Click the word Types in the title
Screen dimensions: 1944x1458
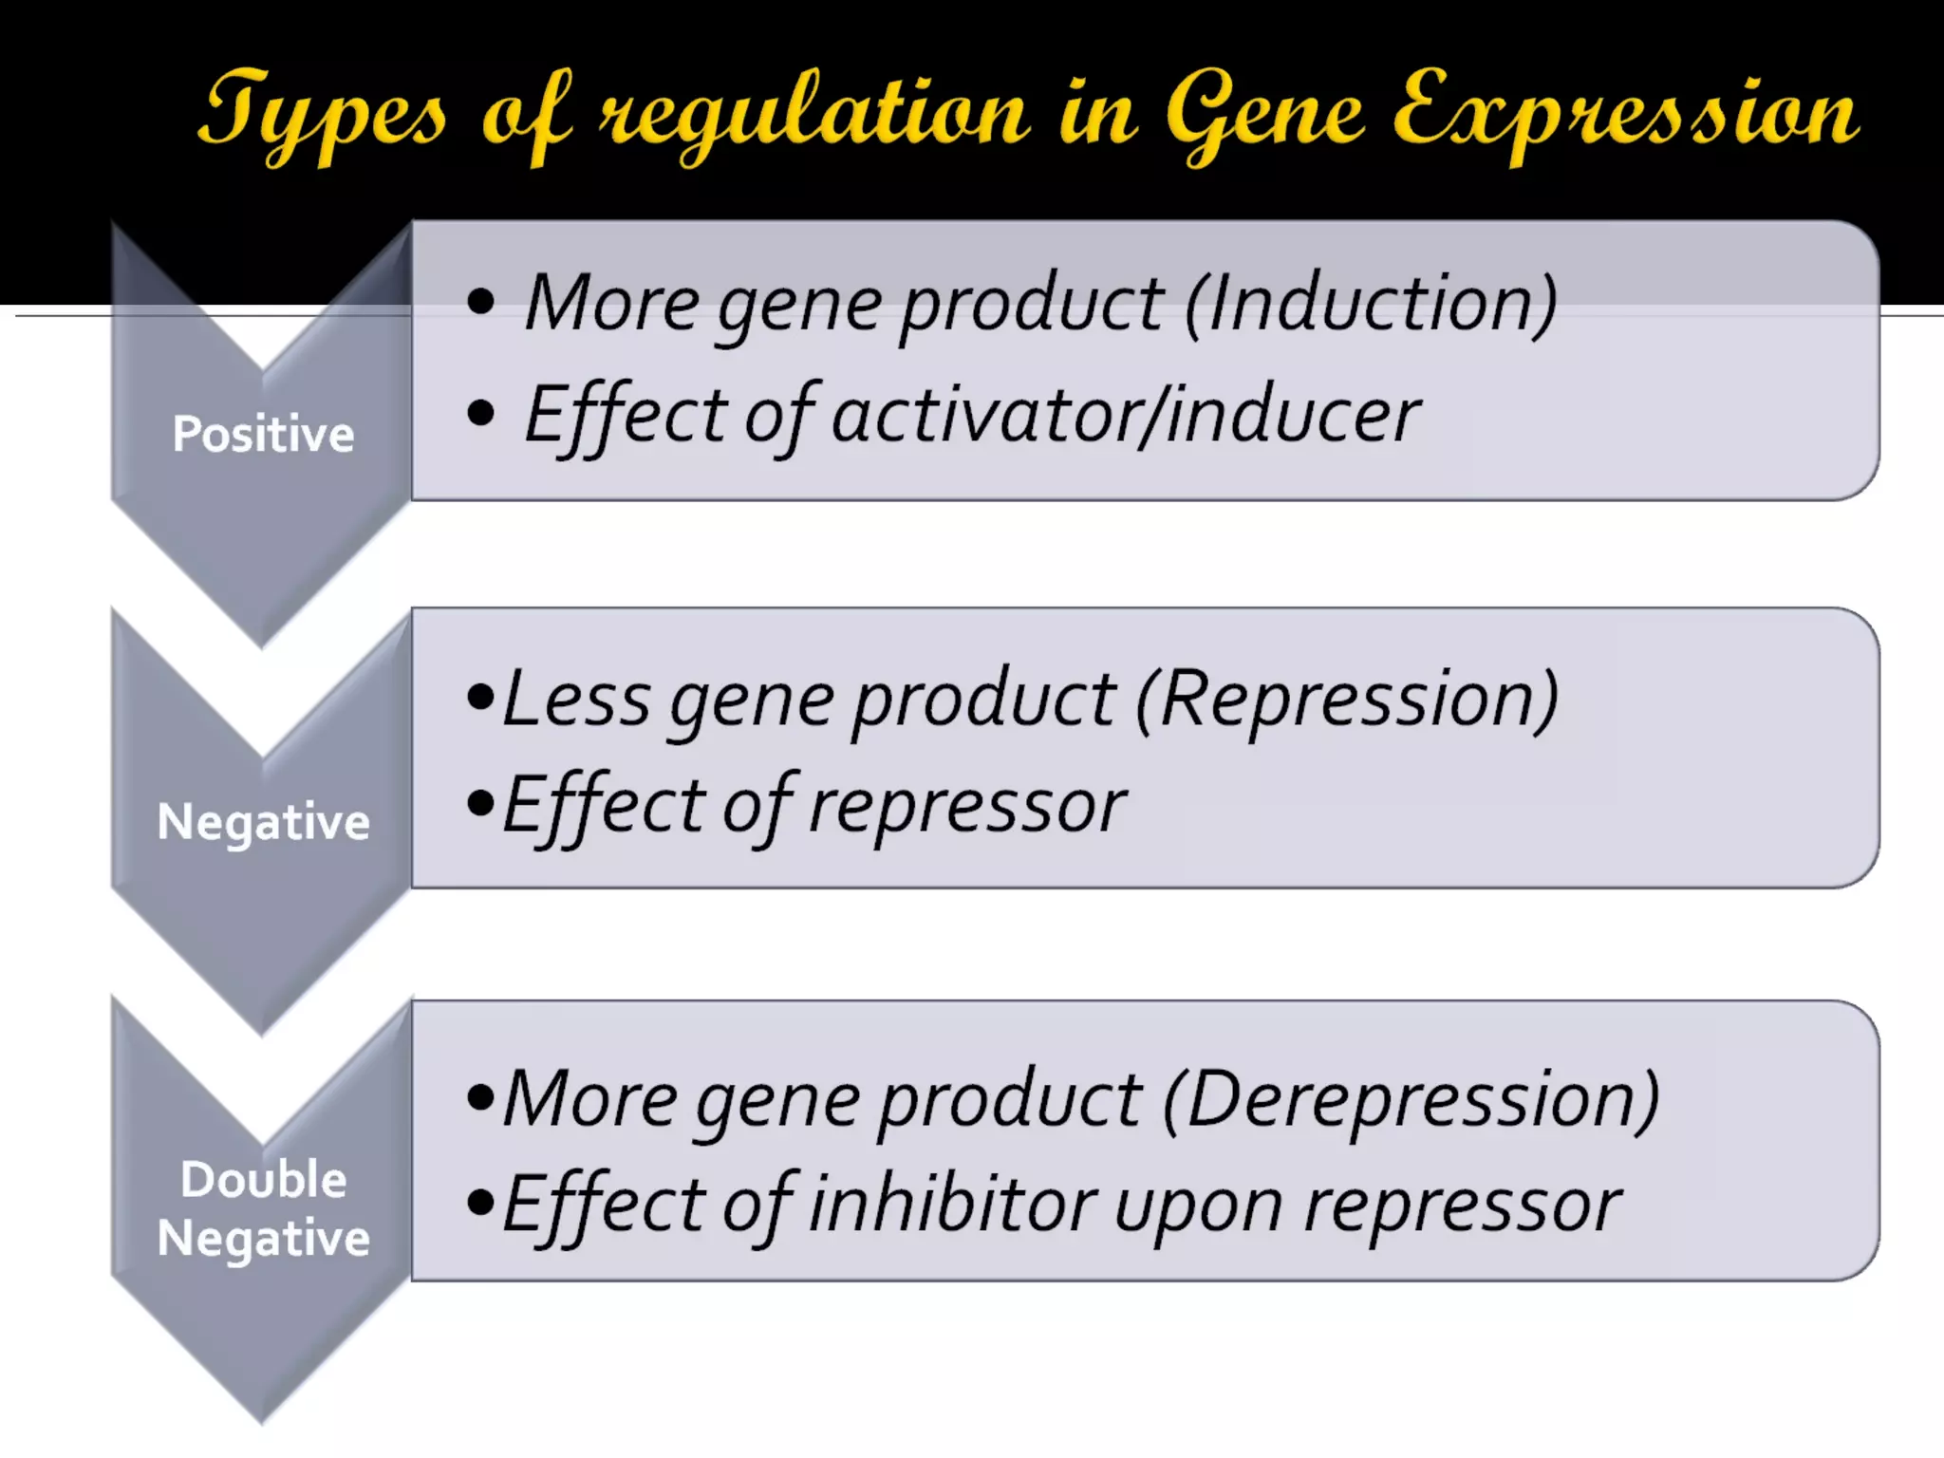[323, 114]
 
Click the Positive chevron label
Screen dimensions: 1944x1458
[263, 434]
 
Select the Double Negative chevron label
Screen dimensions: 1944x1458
[263, 1208]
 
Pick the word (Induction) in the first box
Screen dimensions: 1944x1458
[1371, 304]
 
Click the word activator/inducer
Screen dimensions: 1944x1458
[1126, 415]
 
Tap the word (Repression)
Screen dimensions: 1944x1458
[1347, 699]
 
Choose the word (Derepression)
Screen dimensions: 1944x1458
[1411, 1099]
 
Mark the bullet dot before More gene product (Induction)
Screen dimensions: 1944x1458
[481, 302]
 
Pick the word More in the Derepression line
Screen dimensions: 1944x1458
[589, 1099]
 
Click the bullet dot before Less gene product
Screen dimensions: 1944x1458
[481, 699]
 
